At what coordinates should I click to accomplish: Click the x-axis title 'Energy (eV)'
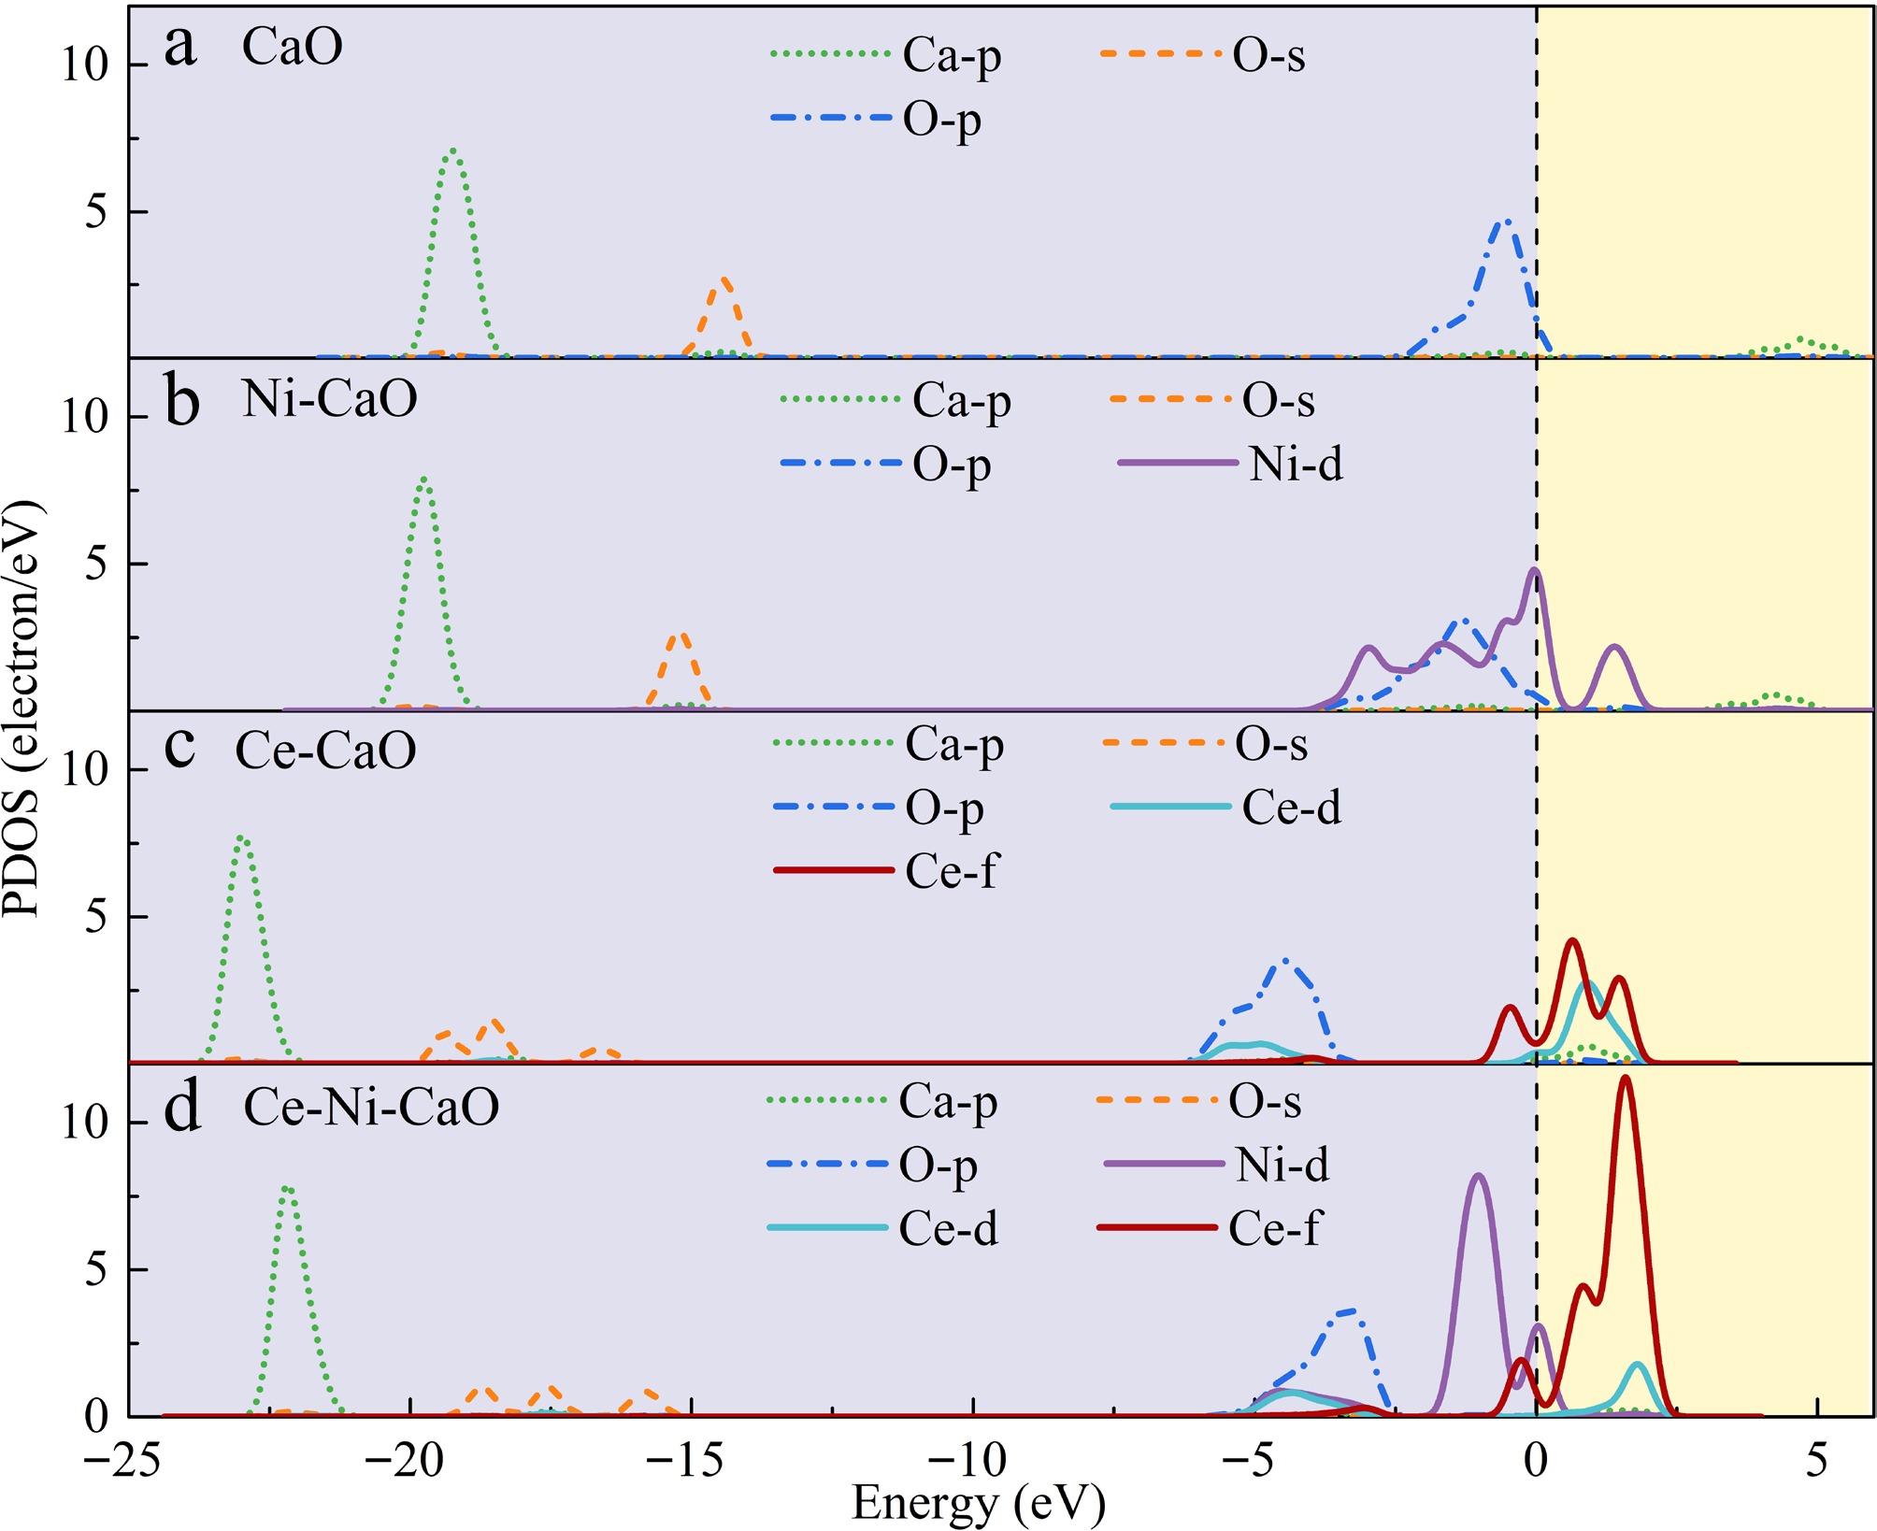[x=979, y=1504]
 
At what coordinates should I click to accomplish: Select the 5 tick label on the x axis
[x=1816, y=1459]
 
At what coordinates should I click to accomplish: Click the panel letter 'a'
[x=180, y=45]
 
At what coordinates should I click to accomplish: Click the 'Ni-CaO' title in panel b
[x=329, y=398]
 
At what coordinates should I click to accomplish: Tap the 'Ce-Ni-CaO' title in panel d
[x=371, y=1107]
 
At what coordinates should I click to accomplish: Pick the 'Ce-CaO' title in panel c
[x=325, y=751]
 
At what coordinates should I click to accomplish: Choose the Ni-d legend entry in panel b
[x=1230, y=464]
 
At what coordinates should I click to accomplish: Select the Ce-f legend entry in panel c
[x=885, y=871]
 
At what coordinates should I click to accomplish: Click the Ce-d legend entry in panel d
[x=882, y=1228]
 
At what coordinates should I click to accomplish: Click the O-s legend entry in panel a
[x=1203, y=55]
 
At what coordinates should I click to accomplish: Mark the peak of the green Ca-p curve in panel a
[x=453, y=149]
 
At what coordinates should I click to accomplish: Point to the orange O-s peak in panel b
[x=681, y=636]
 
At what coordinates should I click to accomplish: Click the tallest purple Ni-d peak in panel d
[x=1478, y=1176]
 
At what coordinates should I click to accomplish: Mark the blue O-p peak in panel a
[x=1506, y=221]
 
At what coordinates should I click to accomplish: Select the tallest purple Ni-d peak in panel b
[x=1534, y=569]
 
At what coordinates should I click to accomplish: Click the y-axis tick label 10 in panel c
[x=85, y=768]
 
